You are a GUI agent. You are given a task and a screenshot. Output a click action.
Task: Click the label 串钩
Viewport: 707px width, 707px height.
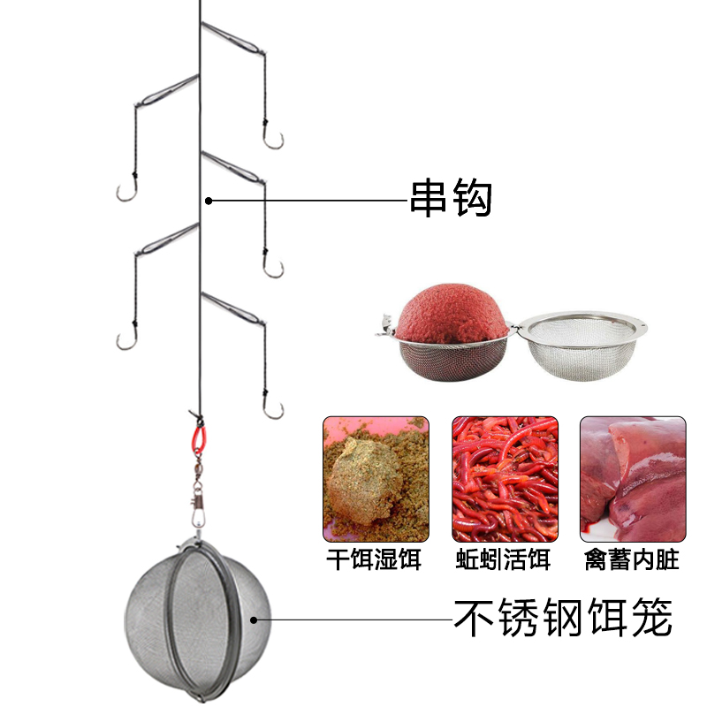tap(451, 200)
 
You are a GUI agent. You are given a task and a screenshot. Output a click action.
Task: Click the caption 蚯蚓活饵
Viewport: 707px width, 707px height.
tap(505, 559)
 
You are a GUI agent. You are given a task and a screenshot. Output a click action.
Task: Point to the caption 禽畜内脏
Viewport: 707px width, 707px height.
tap(632, 559)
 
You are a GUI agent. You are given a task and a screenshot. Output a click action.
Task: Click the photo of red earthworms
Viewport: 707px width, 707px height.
tap(505, 478)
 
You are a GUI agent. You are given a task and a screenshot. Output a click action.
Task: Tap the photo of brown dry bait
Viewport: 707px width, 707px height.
tap(376, 478)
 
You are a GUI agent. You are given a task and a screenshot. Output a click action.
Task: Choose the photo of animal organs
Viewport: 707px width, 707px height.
tap(632, 478)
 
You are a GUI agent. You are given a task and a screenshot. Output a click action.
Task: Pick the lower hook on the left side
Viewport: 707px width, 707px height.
tap(126, 338)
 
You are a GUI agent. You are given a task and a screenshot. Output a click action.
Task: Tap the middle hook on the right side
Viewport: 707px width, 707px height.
tap(272, 268)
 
